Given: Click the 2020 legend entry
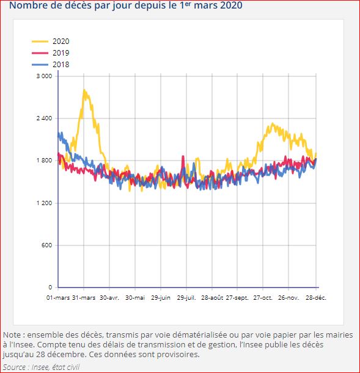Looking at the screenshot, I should [x=61, y=42].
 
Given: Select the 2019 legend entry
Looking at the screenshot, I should [x=61, y=53].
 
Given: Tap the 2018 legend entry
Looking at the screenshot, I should [x=61, y=65].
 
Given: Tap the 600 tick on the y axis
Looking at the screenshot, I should [x=46, y=245].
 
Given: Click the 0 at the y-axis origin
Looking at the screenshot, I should [x=50, y=288].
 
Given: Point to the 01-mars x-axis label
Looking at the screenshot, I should [x=59, y=298].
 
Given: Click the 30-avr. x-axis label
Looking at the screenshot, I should [x=109, y=298].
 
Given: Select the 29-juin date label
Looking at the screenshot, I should [x=161, y=298].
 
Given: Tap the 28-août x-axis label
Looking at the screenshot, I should [x=212, y=298].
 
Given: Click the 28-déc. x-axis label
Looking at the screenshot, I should [x=315, y=298].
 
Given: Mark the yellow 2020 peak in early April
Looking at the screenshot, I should [x=84, y=90].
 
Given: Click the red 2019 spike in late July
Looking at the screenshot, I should [x=183, y=157].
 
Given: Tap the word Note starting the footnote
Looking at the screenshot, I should [x=12, y=335].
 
